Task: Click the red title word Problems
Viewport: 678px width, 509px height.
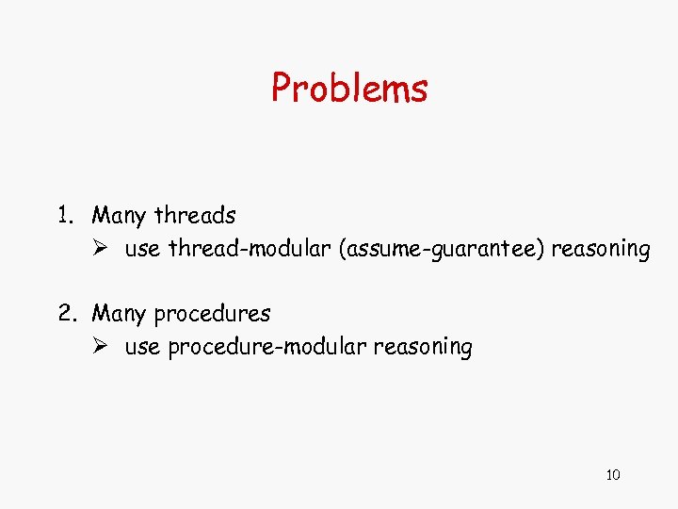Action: pyautogui.click(x=349, y=89)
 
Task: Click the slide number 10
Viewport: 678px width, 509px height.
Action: pyautogui.click(x=613, y=475)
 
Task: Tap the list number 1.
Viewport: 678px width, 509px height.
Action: pyautogui.click(x=62, y=216)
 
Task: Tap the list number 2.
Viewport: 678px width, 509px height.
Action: pyautogui.click(x=64, y=313)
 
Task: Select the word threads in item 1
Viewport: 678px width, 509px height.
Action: pyautogui.click(x=194, y=216)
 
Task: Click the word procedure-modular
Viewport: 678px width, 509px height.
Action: pyautogui.click(x=266, y=347)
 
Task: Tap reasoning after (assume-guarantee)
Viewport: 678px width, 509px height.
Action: pyautogui.click(x=601, y=250)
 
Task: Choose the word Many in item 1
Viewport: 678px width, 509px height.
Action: pyautogui.click(x=119, y=216)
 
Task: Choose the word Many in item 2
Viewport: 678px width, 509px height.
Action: pyautogui.click(x=119, y=313)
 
